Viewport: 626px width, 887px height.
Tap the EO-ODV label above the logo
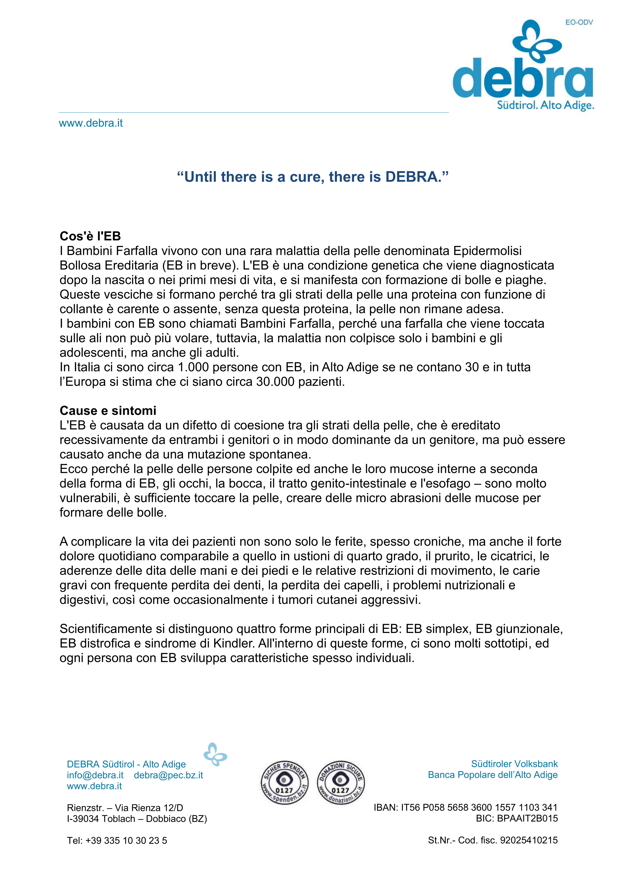(579, 22)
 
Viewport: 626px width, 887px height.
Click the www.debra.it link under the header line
(91, 123)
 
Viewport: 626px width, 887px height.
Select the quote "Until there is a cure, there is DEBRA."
(313, 177)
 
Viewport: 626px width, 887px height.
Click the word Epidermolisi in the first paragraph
(487, 251)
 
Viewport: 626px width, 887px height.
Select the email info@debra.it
(95, 775)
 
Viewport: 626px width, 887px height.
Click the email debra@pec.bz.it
(168, 775)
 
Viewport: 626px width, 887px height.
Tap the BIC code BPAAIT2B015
(527, 818)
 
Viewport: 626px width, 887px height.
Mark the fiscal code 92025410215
(529, 840)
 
